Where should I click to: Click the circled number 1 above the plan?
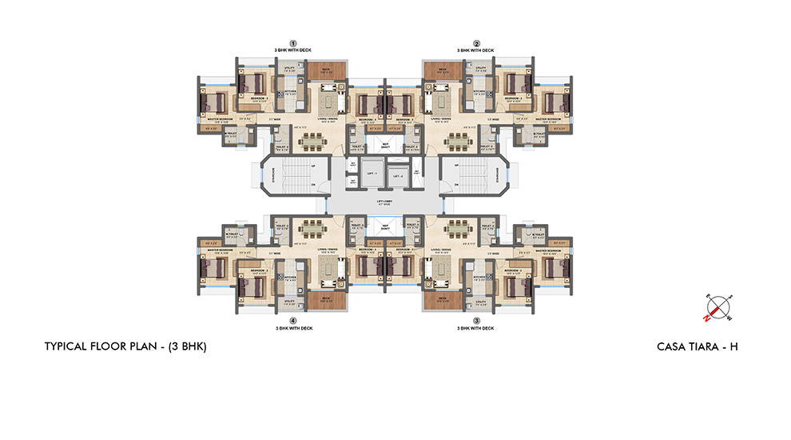[292, 43]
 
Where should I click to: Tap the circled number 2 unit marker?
[476, 43]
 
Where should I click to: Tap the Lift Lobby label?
[384, 203]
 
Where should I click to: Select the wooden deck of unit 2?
[439, 71]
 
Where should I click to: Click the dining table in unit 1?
[315, 141]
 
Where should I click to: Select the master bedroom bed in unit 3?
[553, 266]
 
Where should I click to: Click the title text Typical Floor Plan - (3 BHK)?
[126, 347]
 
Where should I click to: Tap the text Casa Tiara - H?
[701, 347]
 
